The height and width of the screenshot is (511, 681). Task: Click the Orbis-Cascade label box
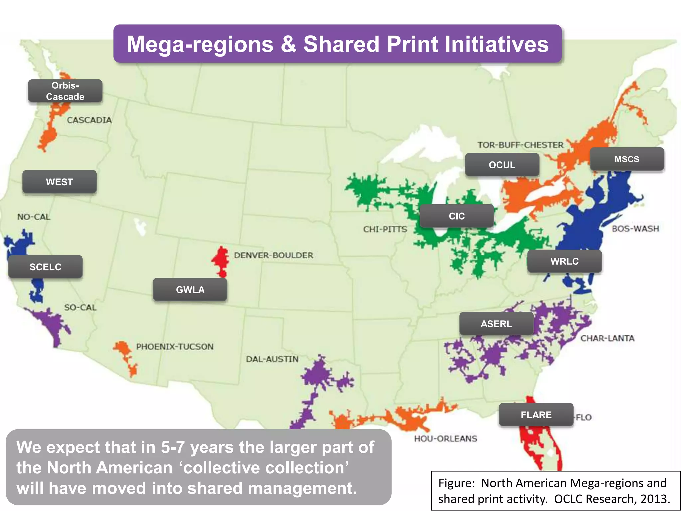(65, 91)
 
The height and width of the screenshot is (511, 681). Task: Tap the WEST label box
(60, 182)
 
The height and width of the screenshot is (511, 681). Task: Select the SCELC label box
(46, 267)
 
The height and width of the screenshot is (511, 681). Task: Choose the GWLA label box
(190, 290)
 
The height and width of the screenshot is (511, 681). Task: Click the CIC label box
(457, 216)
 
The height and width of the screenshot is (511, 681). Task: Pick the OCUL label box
(502, 165)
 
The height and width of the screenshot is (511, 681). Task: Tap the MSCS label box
(627, 159)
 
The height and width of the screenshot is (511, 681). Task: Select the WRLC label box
(564, 261)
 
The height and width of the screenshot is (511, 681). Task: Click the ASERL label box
(496, 324)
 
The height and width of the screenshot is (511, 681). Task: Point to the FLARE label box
(536, 415)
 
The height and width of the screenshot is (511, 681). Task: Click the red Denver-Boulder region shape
(221, 259)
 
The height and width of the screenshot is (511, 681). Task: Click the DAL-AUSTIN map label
(272, 359)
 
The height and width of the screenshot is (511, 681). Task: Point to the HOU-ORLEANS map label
(445, 438)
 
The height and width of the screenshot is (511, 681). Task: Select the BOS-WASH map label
(635, 229)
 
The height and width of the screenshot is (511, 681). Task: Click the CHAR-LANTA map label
(607, 338)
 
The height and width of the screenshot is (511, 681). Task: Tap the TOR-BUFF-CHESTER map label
(520, 145)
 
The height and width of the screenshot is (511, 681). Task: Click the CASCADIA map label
(89, 120)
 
